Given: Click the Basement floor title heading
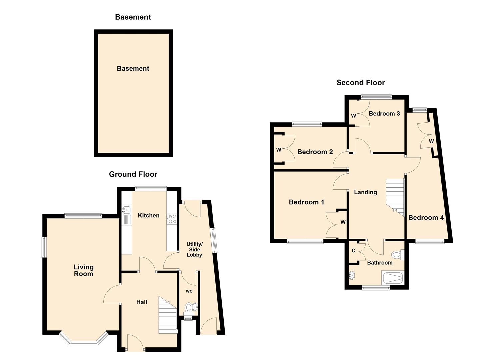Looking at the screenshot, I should click(x=133, y=17).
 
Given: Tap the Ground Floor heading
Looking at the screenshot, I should click(x=133, y=174).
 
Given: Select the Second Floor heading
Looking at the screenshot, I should click(x=360, y=83).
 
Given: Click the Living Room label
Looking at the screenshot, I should click(x=83, y=270).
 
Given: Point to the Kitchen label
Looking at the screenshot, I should click(x=148, y=215).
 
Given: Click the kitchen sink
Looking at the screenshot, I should click(x=127, y=210).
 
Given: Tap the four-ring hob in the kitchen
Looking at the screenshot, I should click(x=172, y=219).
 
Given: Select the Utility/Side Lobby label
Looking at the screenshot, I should click(x=194, y=249).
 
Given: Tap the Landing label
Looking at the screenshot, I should click(x=365, y=192).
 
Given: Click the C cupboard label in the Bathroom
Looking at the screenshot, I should click(x=353, y=251).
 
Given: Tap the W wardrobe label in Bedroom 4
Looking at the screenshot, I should click(x=431, y=141).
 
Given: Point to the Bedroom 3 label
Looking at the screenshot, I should click(x=384, y=114).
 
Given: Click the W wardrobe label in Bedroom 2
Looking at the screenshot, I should click(x=278, y=150).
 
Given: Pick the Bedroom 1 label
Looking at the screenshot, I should click(x=306, y=202).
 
